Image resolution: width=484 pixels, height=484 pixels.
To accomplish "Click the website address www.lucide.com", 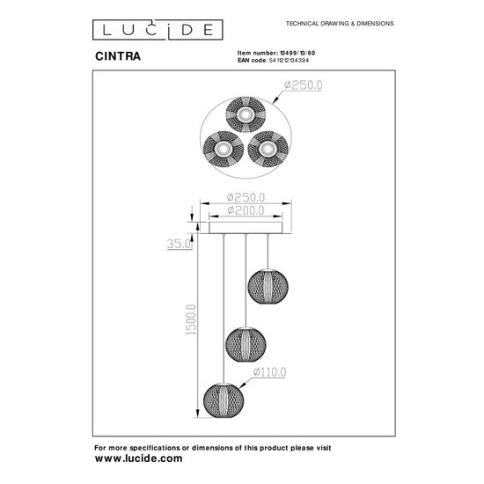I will click(x=138, y=459).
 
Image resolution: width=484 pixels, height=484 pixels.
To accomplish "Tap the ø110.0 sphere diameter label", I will click(x=271, y=373).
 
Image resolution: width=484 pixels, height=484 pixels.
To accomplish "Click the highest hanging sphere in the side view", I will click(x=267, y=283).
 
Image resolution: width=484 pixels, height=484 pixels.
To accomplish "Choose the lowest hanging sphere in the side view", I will click(x=223, y=395).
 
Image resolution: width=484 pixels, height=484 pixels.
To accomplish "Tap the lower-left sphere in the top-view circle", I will click(x=220, y=150).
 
